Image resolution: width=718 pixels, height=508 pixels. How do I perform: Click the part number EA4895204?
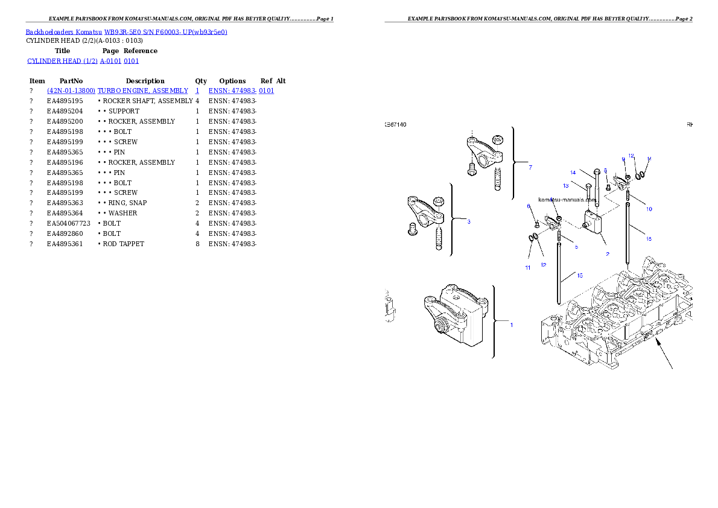tap(65, 111)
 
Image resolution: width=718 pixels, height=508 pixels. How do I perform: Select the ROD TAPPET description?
tap(123, 244)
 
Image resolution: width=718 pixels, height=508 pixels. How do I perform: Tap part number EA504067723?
tap(69, 224)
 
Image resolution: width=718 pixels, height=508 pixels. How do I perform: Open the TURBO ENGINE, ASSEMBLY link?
tap(143, 90)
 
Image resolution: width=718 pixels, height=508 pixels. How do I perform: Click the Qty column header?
tap(201, 81)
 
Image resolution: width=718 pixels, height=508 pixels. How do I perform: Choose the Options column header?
tap(232, 81)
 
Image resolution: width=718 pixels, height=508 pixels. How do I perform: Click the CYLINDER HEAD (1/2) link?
tap(62, 61)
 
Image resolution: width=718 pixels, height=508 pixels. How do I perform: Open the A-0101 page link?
tap(111, 61)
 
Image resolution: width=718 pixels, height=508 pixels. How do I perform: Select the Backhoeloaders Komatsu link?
tap(63, 32)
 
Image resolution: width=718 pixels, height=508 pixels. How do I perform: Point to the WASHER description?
tap(122, 214)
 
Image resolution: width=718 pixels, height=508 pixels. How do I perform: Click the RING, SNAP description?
tap(128, 203)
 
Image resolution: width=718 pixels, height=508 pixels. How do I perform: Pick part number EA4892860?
tap(65, 233)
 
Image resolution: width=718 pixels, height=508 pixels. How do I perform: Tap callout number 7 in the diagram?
tap(530, 167)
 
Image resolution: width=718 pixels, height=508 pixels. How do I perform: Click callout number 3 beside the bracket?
tap(468, 221)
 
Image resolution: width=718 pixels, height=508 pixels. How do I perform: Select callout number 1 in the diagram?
tap(512, 325)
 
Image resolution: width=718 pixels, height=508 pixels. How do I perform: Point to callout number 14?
tap(573, 173)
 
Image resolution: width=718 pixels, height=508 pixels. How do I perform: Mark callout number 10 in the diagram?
tap(649, 209)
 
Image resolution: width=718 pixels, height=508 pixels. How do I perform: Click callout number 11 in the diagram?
tap(527, 267)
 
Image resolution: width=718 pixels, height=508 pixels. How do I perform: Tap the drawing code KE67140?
tap(396, 125)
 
